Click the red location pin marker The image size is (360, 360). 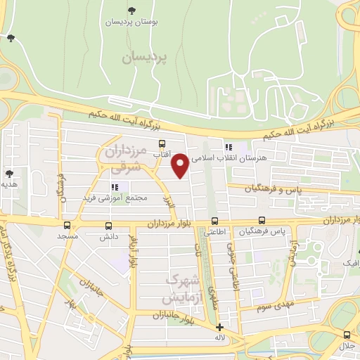180,165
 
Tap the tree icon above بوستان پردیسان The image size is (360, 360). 131,10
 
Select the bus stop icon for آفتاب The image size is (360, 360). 162,143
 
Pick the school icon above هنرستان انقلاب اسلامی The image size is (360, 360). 228,147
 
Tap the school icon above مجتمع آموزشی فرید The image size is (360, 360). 114,187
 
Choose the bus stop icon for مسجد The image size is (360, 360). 67,226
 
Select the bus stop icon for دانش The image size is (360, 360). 108,226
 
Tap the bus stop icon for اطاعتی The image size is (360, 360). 214,220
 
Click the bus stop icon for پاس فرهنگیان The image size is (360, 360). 262,220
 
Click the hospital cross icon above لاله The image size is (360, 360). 219,327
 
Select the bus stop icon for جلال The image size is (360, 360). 347,334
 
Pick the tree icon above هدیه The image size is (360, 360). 9,173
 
